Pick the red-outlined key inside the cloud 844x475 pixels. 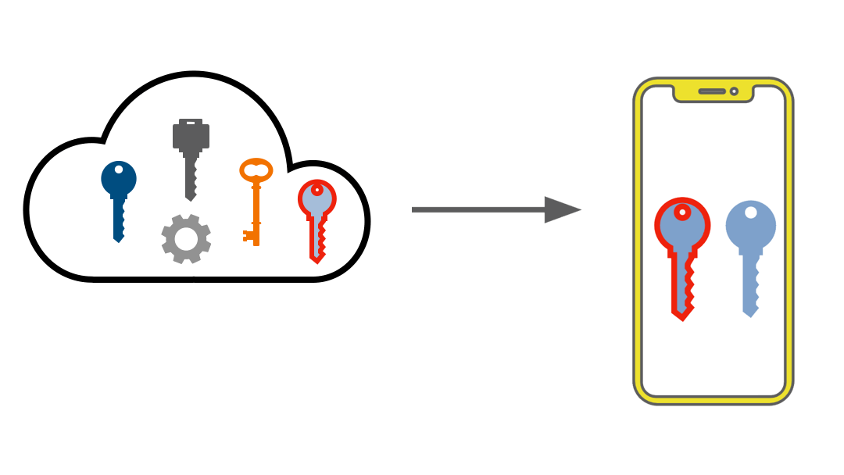coord(316,219)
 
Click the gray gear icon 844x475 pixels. coord(186,239)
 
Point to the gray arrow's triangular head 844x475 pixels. coord(561,209)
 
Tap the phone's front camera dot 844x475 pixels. coord(734,91)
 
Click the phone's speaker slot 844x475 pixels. coord(712,91)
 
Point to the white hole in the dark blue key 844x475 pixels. coord(119,170)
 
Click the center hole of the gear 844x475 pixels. coord(186,239)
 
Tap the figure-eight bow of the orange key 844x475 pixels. coord(256,170)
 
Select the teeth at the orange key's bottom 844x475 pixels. coord(249,234)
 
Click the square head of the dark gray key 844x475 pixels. coord(191,134)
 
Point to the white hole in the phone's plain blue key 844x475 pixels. coord(751,212)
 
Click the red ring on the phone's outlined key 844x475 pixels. coord(682,212)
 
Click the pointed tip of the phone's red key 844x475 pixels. coord(682,317)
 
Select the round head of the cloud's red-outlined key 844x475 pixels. coord(316,198)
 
